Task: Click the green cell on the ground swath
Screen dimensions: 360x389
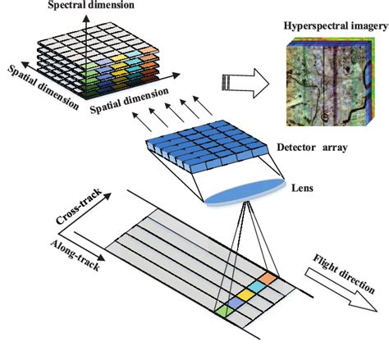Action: pos(224,310)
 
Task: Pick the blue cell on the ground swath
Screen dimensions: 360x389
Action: pos(236,302)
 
